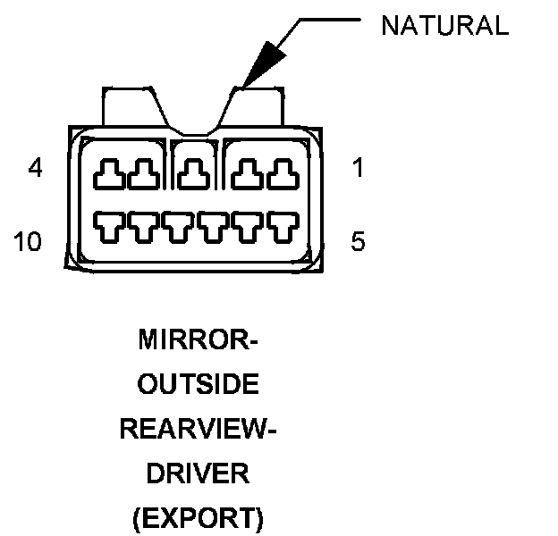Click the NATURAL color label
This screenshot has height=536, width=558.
click(444, 26)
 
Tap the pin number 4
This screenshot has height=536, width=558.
click(36, 167)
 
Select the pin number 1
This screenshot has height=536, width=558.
click(358, 167)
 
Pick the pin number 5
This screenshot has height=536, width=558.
click(358, 241)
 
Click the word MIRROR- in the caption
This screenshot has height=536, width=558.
click(199, 340)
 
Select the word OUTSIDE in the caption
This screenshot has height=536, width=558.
click(199, 385)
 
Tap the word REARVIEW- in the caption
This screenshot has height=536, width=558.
click(199, 429)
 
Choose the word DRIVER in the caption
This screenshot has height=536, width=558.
click(199, 473)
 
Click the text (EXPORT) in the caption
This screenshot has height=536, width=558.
click(199, 517)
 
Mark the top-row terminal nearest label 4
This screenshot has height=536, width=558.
click(110, 173)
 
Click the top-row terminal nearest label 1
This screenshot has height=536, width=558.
click(281, 173)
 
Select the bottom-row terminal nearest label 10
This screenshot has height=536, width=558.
click(111, 228)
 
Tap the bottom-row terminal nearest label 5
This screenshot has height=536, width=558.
click(281, 228)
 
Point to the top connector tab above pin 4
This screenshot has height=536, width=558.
click(132, 105)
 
